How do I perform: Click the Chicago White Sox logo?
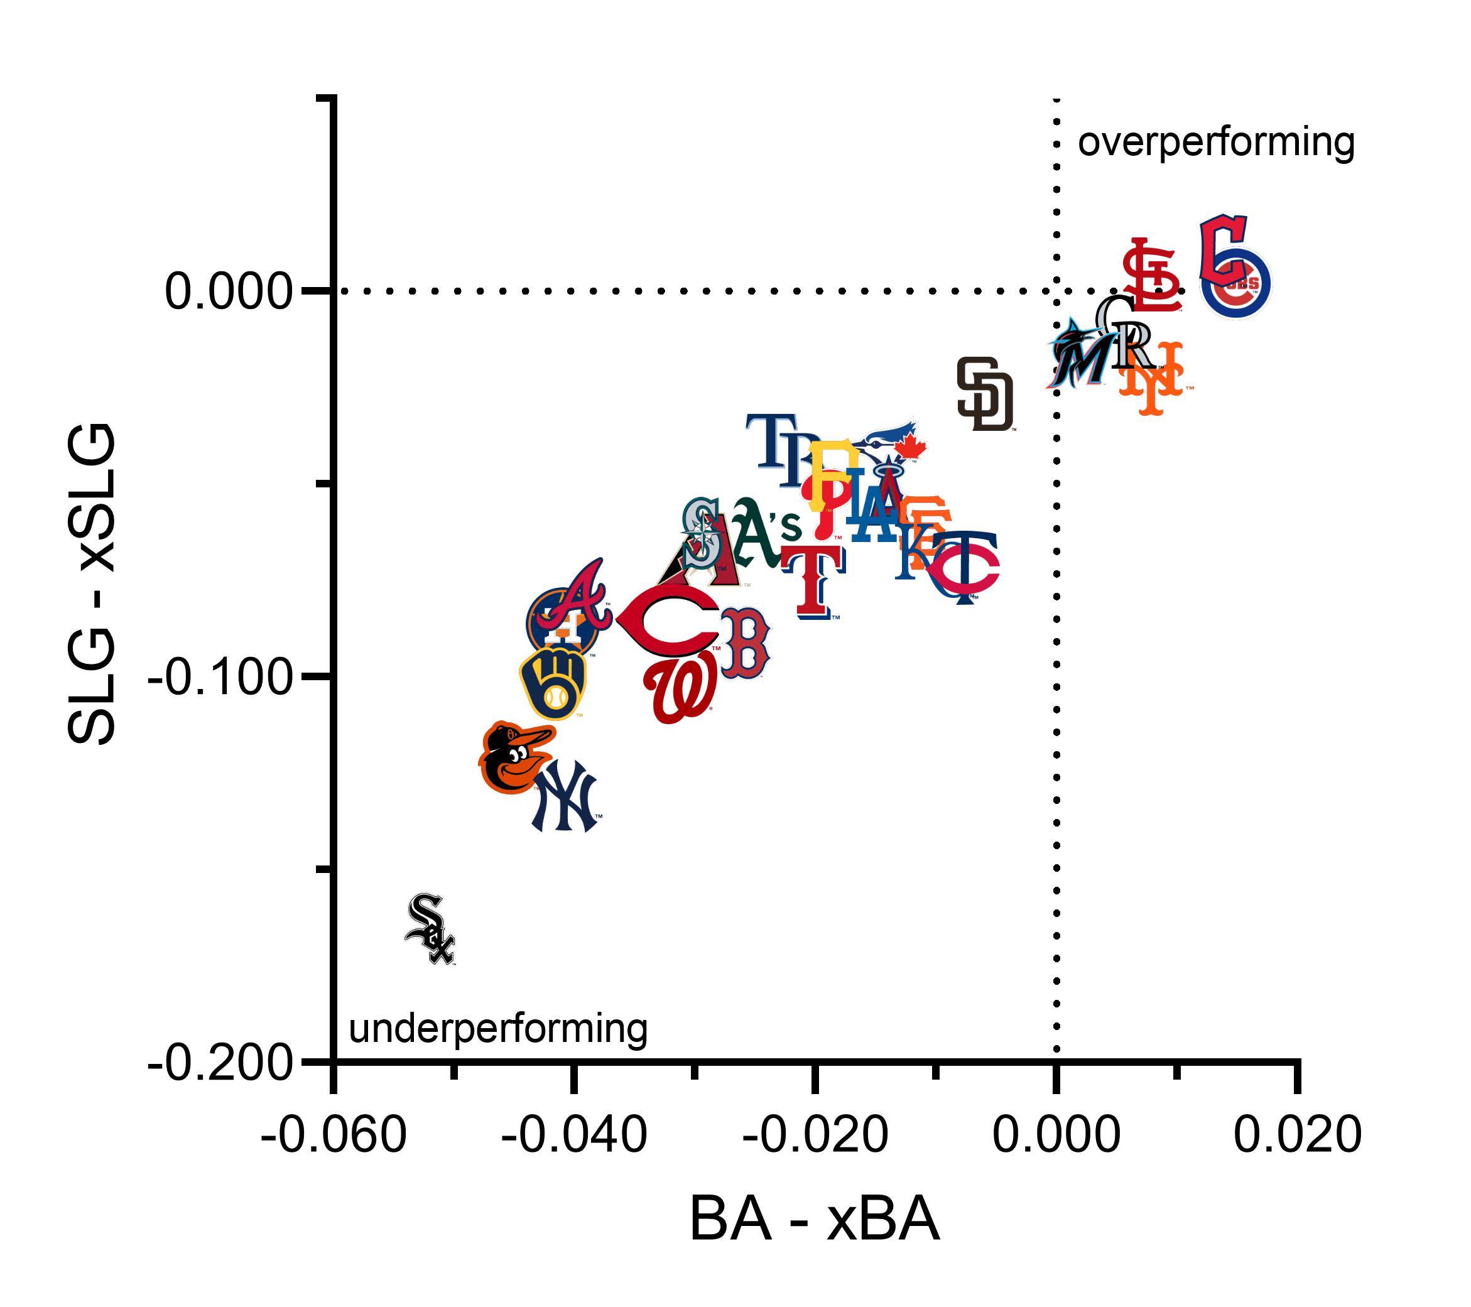pyautogui.click(x=430, y=928)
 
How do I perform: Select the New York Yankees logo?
pyautogui.click(x=565, y=798)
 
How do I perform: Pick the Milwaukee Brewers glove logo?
pyautogui.click(x=553, y=683)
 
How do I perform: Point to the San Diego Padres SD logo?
pyautogui.click(x=984, y=394)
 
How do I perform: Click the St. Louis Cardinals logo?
pyautogui.click(x=1151, y=276)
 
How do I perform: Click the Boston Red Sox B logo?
pyautogui.click(x=746, y=643)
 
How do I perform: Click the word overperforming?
pyautogui.click(x=1215, y=143)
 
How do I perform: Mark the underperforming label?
pyautogui.click(x=498, y=1029)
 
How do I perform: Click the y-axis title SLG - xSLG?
pyautogui.click(x=92, y=583)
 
